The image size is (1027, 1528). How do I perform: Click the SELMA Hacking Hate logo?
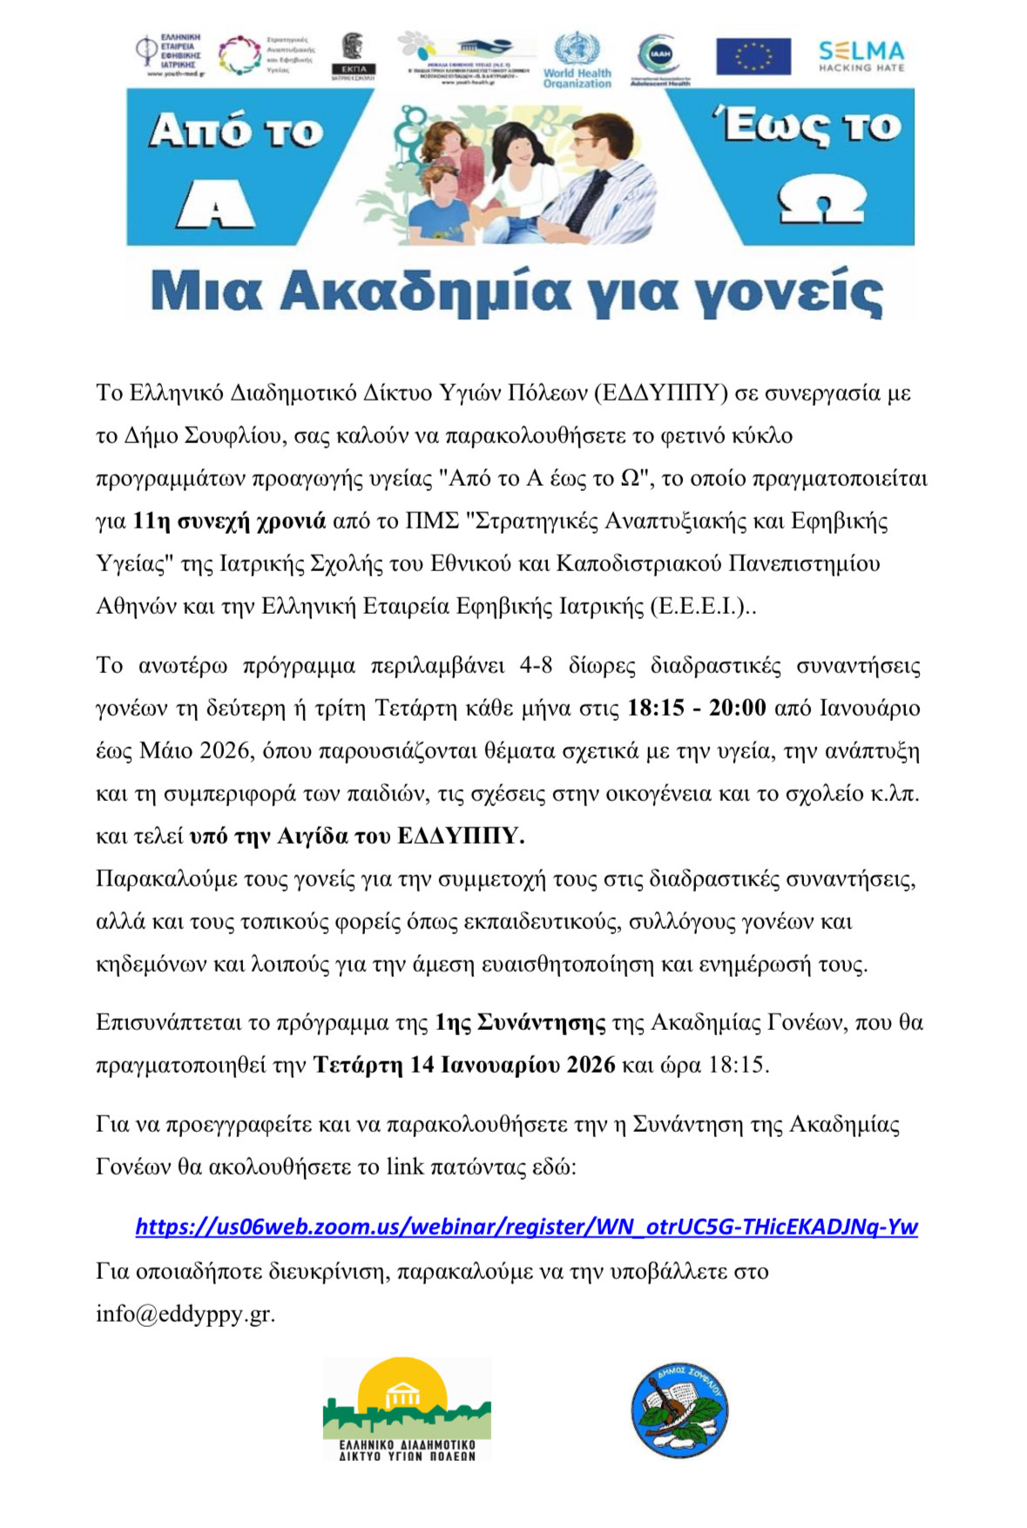click(861, 57)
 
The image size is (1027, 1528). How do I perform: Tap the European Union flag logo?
click(753, 57)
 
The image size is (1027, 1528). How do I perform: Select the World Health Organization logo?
click(577, 59)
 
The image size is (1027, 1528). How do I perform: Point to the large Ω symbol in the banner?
click(820, 202)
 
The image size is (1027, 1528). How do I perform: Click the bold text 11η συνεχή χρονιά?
click(229, 521)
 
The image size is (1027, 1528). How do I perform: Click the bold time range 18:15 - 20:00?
click(696, 708)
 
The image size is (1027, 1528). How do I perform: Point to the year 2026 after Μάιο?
click(226, 751)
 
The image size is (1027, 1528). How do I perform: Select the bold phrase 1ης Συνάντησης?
click(520, 1022)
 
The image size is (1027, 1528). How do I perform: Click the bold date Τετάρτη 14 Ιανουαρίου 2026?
click(464, 1065)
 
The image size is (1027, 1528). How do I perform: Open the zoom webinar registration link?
click(526, 1227)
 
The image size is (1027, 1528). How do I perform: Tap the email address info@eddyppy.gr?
click(185, 1313)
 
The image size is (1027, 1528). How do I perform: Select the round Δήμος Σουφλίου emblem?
click(679, 1411)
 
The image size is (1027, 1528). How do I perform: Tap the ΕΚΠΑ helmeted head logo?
click(354, 57)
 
